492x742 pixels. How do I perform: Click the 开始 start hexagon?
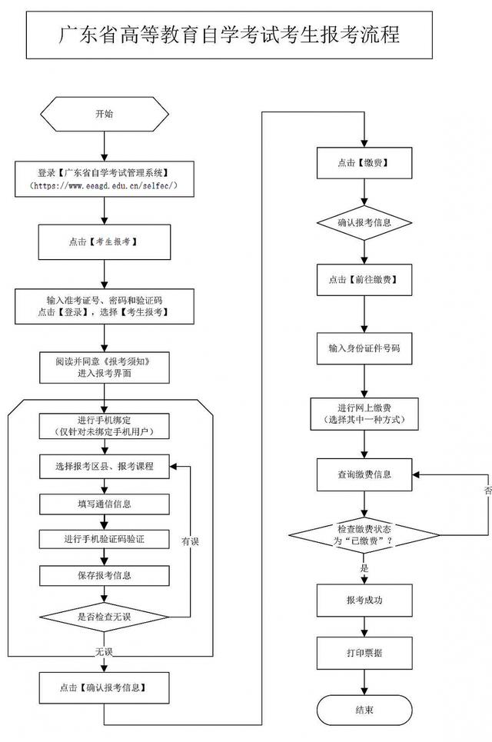(x=104, y=114)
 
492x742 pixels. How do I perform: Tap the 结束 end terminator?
(x=364, y=710)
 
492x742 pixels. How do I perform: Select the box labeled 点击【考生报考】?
(x=104, y=241)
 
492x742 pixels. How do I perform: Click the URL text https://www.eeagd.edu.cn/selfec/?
(x=104, y=185)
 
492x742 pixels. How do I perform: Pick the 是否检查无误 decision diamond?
(x=104, y=617)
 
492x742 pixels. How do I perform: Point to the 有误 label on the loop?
(x=190, y=541)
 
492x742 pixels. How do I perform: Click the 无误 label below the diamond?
(x=104, y=652)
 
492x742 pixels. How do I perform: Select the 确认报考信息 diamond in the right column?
(x=364, y=222)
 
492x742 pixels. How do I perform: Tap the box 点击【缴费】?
(x=364, y=163)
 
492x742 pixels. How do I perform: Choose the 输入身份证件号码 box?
(x=364, y=348)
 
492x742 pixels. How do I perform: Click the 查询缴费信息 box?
(x=364, y=474)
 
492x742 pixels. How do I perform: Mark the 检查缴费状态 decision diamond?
(x=364, y=535)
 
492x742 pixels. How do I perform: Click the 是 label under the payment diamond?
(x=364, y=568)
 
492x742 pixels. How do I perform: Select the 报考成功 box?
(x=364, y=600)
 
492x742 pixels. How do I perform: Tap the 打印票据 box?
(x=364, y=653)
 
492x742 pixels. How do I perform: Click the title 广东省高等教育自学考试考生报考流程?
(x=229, y=35)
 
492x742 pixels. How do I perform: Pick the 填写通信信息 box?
(x=104, y=504)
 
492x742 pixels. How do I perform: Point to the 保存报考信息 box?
(x=104, y=575)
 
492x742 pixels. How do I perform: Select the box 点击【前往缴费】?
(x=364, y=280)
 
